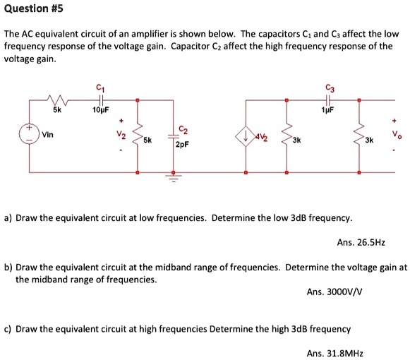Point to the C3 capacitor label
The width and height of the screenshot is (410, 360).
327,88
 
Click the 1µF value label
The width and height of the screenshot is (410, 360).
326,111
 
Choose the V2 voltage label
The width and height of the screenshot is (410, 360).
121,134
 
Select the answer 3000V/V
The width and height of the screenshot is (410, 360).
335,291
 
